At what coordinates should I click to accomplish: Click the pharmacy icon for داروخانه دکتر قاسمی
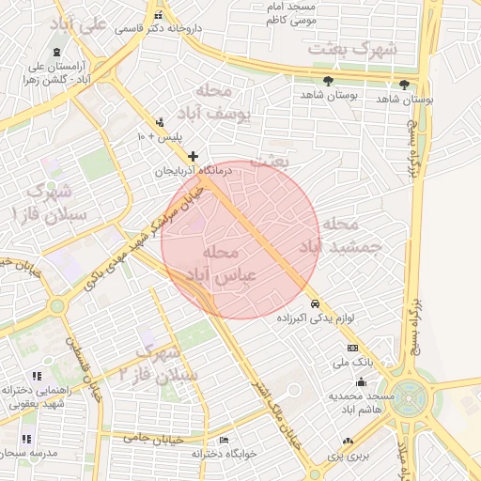point(159,16)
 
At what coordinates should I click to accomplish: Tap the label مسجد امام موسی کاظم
point(290,12)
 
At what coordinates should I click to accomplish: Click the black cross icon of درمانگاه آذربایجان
point(194,156)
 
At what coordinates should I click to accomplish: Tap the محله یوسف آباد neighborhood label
point(225,102)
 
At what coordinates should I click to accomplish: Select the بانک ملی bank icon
point(352,348)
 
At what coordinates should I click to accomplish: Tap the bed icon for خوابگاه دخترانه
point(224,441)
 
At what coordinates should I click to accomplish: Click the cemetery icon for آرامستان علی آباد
point(58,53)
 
